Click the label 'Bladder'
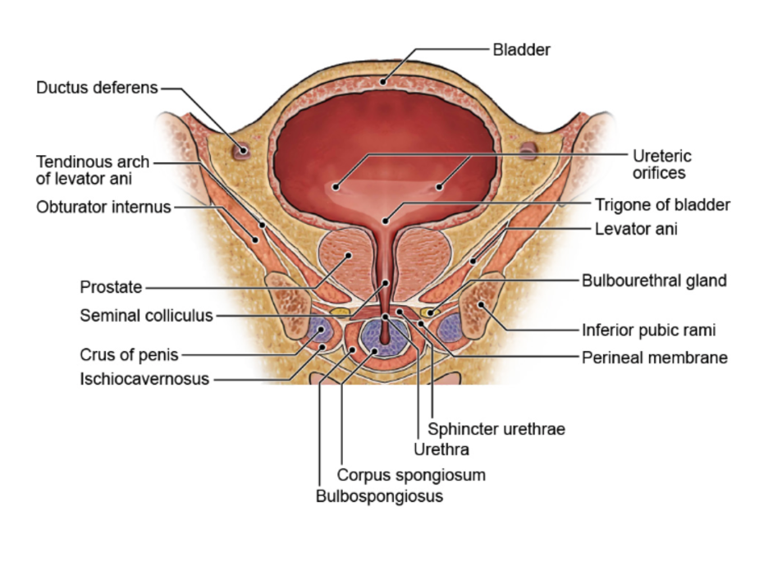(x=521, y=49)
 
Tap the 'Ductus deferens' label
(x=97, y=88)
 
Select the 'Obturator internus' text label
(x=103, y=207)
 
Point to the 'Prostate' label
(x=111, y=288)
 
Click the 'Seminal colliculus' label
(x=146, y=315)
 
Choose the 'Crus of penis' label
(x=129, y=355)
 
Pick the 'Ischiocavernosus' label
(x=144, y=380)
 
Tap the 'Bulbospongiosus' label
(x=379, y=496)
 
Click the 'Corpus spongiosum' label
(x=411, y=475)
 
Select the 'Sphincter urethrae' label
(x=496, y=429)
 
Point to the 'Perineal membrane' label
(x=655, y=358)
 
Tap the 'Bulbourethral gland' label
(x=654, y=281)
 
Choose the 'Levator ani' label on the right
(x=636, y=230)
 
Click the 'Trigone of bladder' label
(x=662, y=205)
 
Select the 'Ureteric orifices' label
(x=661, y=164)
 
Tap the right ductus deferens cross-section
(x=528, y=150)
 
